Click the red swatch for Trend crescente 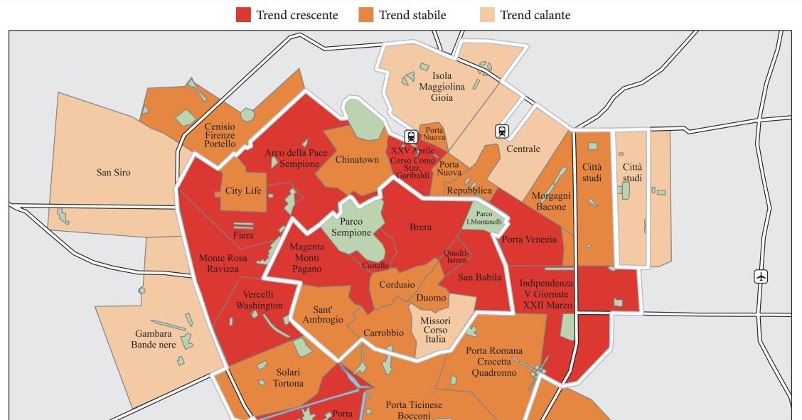pyautogui.click(x=244, y=15)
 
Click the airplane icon pyautogui.click(x=761, y=276)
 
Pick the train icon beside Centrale pyautogui.click(x=503, y=131)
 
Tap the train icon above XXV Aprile pyautogui.click(x=410, y=136)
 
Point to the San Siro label pyautogui.click(x=113, y=172)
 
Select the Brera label pyautogui.click(x=421, y=227)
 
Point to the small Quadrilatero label pyautogui.click(x=455, y=257)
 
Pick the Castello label pyautogui.click(x=375, y=266)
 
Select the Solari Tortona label pyautogui.click(x=289, y=377)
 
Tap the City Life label pyautogui.click(x=243, y=191)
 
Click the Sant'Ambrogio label pyautogui.click(x=328, y=315)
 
